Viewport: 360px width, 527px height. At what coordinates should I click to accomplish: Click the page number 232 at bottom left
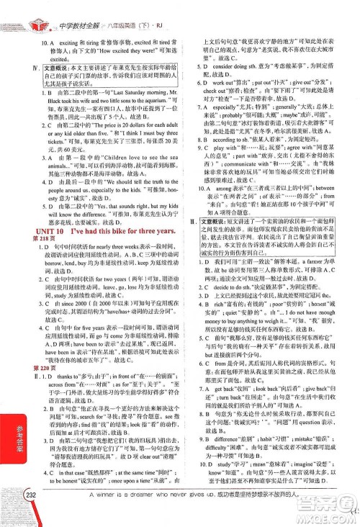click(x=30, y=513)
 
